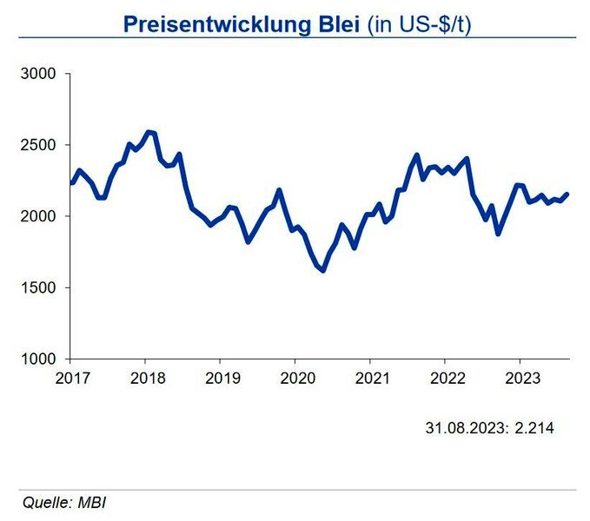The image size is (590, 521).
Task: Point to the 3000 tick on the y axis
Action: coord(38,75)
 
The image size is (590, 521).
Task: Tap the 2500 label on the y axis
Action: coord(38,146)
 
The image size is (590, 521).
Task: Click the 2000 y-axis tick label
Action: coord(38,216)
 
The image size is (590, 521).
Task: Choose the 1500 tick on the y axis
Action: coord(38,287)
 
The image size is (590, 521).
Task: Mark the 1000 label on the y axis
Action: coord(38,359)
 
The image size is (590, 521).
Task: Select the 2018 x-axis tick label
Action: coord(145,379)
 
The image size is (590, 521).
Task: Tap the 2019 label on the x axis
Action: coord(220,379)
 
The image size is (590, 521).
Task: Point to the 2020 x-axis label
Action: coord(295,379)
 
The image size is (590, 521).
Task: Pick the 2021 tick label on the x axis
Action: coord(370,379)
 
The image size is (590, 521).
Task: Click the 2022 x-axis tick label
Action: coord(445,379)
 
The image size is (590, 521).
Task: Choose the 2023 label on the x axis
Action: coord(520,379)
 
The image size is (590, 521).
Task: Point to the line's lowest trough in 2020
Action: coord(323,270)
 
